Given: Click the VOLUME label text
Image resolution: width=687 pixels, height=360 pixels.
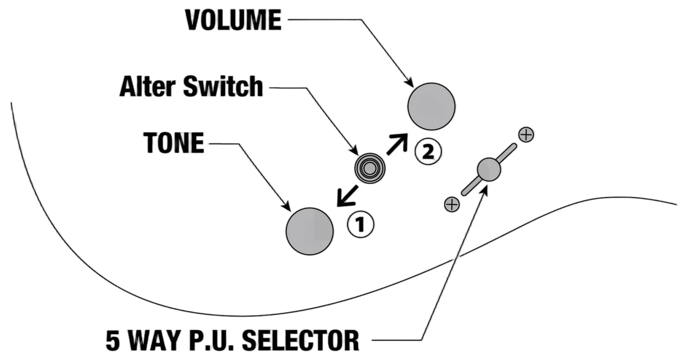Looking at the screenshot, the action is tap(233, 20).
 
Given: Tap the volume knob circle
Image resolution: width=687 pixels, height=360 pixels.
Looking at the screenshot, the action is tap(431, 106).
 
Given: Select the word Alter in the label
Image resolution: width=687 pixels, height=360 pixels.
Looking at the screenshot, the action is tap(148, 86).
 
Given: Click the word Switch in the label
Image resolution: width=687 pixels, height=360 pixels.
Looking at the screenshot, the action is tap(223, 86).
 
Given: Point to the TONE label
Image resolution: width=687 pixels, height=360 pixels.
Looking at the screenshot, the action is tap(174, 143).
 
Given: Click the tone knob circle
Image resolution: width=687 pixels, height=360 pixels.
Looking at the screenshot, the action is tap(310, 231).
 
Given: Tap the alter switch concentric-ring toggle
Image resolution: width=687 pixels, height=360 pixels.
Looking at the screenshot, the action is tap(370, 168).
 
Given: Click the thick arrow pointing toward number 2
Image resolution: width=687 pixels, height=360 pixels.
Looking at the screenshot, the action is tap(397, 144).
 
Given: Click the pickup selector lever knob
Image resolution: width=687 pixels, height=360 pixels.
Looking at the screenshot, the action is tap(489, 170).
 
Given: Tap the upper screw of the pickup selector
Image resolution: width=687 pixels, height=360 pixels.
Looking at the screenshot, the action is tap(526, 134).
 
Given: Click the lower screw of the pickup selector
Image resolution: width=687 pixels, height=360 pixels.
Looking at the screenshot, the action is tap(452, 204).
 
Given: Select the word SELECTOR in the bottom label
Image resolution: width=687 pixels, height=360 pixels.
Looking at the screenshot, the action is tap(300, 340).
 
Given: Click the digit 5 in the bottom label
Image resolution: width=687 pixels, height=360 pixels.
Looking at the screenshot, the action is tap(112, 340).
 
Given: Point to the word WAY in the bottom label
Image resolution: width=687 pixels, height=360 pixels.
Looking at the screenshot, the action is tap(154, 340).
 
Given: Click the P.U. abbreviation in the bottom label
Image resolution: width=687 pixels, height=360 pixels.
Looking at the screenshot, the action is tap(211, 340).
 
